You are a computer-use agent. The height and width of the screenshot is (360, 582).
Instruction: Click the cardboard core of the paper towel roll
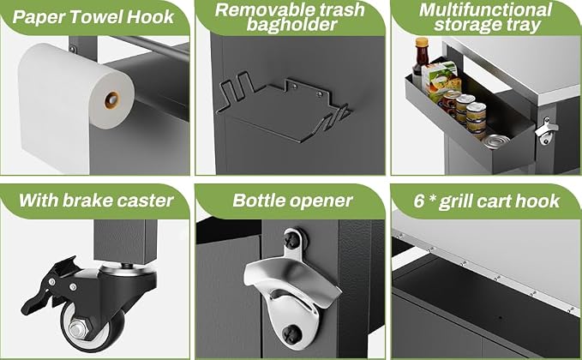coord(111,100)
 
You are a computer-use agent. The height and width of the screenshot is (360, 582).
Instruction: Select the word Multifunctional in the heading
coord(486,10)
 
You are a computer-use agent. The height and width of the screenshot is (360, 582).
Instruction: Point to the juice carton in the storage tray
coord(441,80)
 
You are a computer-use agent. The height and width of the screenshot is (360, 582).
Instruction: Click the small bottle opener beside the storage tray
coord(546,131)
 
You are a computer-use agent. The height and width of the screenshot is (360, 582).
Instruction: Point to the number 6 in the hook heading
coord(419,201)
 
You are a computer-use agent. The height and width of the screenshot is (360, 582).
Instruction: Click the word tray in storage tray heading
coord(524,26)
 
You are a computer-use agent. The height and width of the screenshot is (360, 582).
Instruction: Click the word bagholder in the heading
coord(291,25)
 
